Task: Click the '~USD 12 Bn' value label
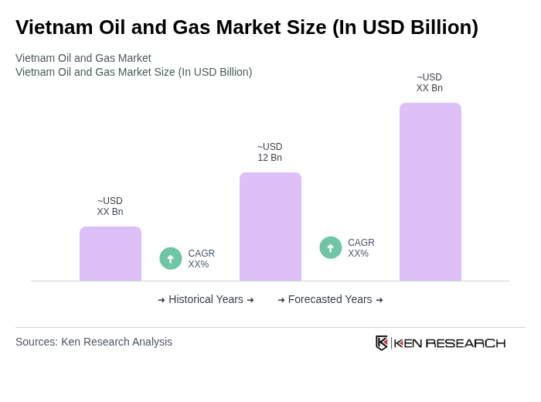click(x=270, y=152)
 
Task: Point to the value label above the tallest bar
click(x=430, y=83)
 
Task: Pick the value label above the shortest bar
click(x=110, y=206)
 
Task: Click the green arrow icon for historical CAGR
click(x=171, y=258)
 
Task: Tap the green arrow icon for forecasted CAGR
click(x=331, y=247)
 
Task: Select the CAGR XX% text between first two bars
click(x=201, y=259)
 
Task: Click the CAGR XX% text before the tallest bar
click(x=361, y=248)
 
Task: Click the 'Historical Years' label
click(x=206, y=299)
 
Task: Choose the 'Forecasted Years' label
click(x=330, y=299)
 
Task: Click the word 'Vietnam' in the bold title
click(x=53, y=27)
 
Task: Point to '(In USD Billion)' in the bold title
click(x=405, y=27)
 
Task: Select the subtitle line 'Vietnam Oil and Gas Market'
click(x=83, y=58)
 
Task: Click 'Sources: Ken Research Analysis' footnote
click(x=94, y=342)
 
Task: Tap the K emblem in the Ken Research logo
click(x=382, y=342)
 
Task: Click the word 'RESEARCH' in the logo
click(x=465, y=343)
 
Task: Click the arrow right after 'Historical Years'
click(x=250, y=300)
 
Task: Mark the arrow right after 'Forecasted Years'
click(x=379, y=300)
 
